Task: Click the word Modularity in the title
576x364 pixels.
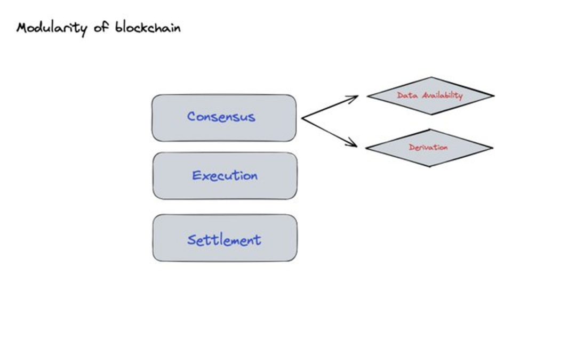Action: pos(51,28)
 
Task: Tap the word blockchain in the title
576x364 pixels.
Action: pos(148,27)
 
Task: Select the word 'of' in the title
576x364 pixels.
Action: pos(101,28)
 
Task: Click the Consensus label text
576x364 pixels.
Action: pos(221,117)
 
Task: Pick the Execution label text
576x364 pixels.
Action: pos(225,175)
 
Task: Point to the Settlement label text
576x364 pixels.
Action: pos(224,239)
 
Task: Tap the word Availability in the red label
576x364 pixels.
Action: pos(442,95)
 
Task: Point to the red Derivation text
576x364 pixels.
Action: pos(428,148)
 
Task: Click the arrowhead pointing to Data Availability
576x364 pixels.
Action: pos(356,97)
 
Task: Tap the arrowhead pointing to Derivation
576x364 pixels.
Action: pos(355,144)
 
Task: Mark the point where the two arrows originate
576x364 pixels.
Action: pos(302,118)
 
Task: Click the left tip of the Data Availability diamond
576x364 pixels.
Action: pos(368,96)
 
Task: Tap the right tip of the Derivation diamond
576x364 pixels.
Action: pos(492,148)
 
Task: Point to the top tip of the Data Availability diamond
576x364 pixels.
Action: pos(431,77)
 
